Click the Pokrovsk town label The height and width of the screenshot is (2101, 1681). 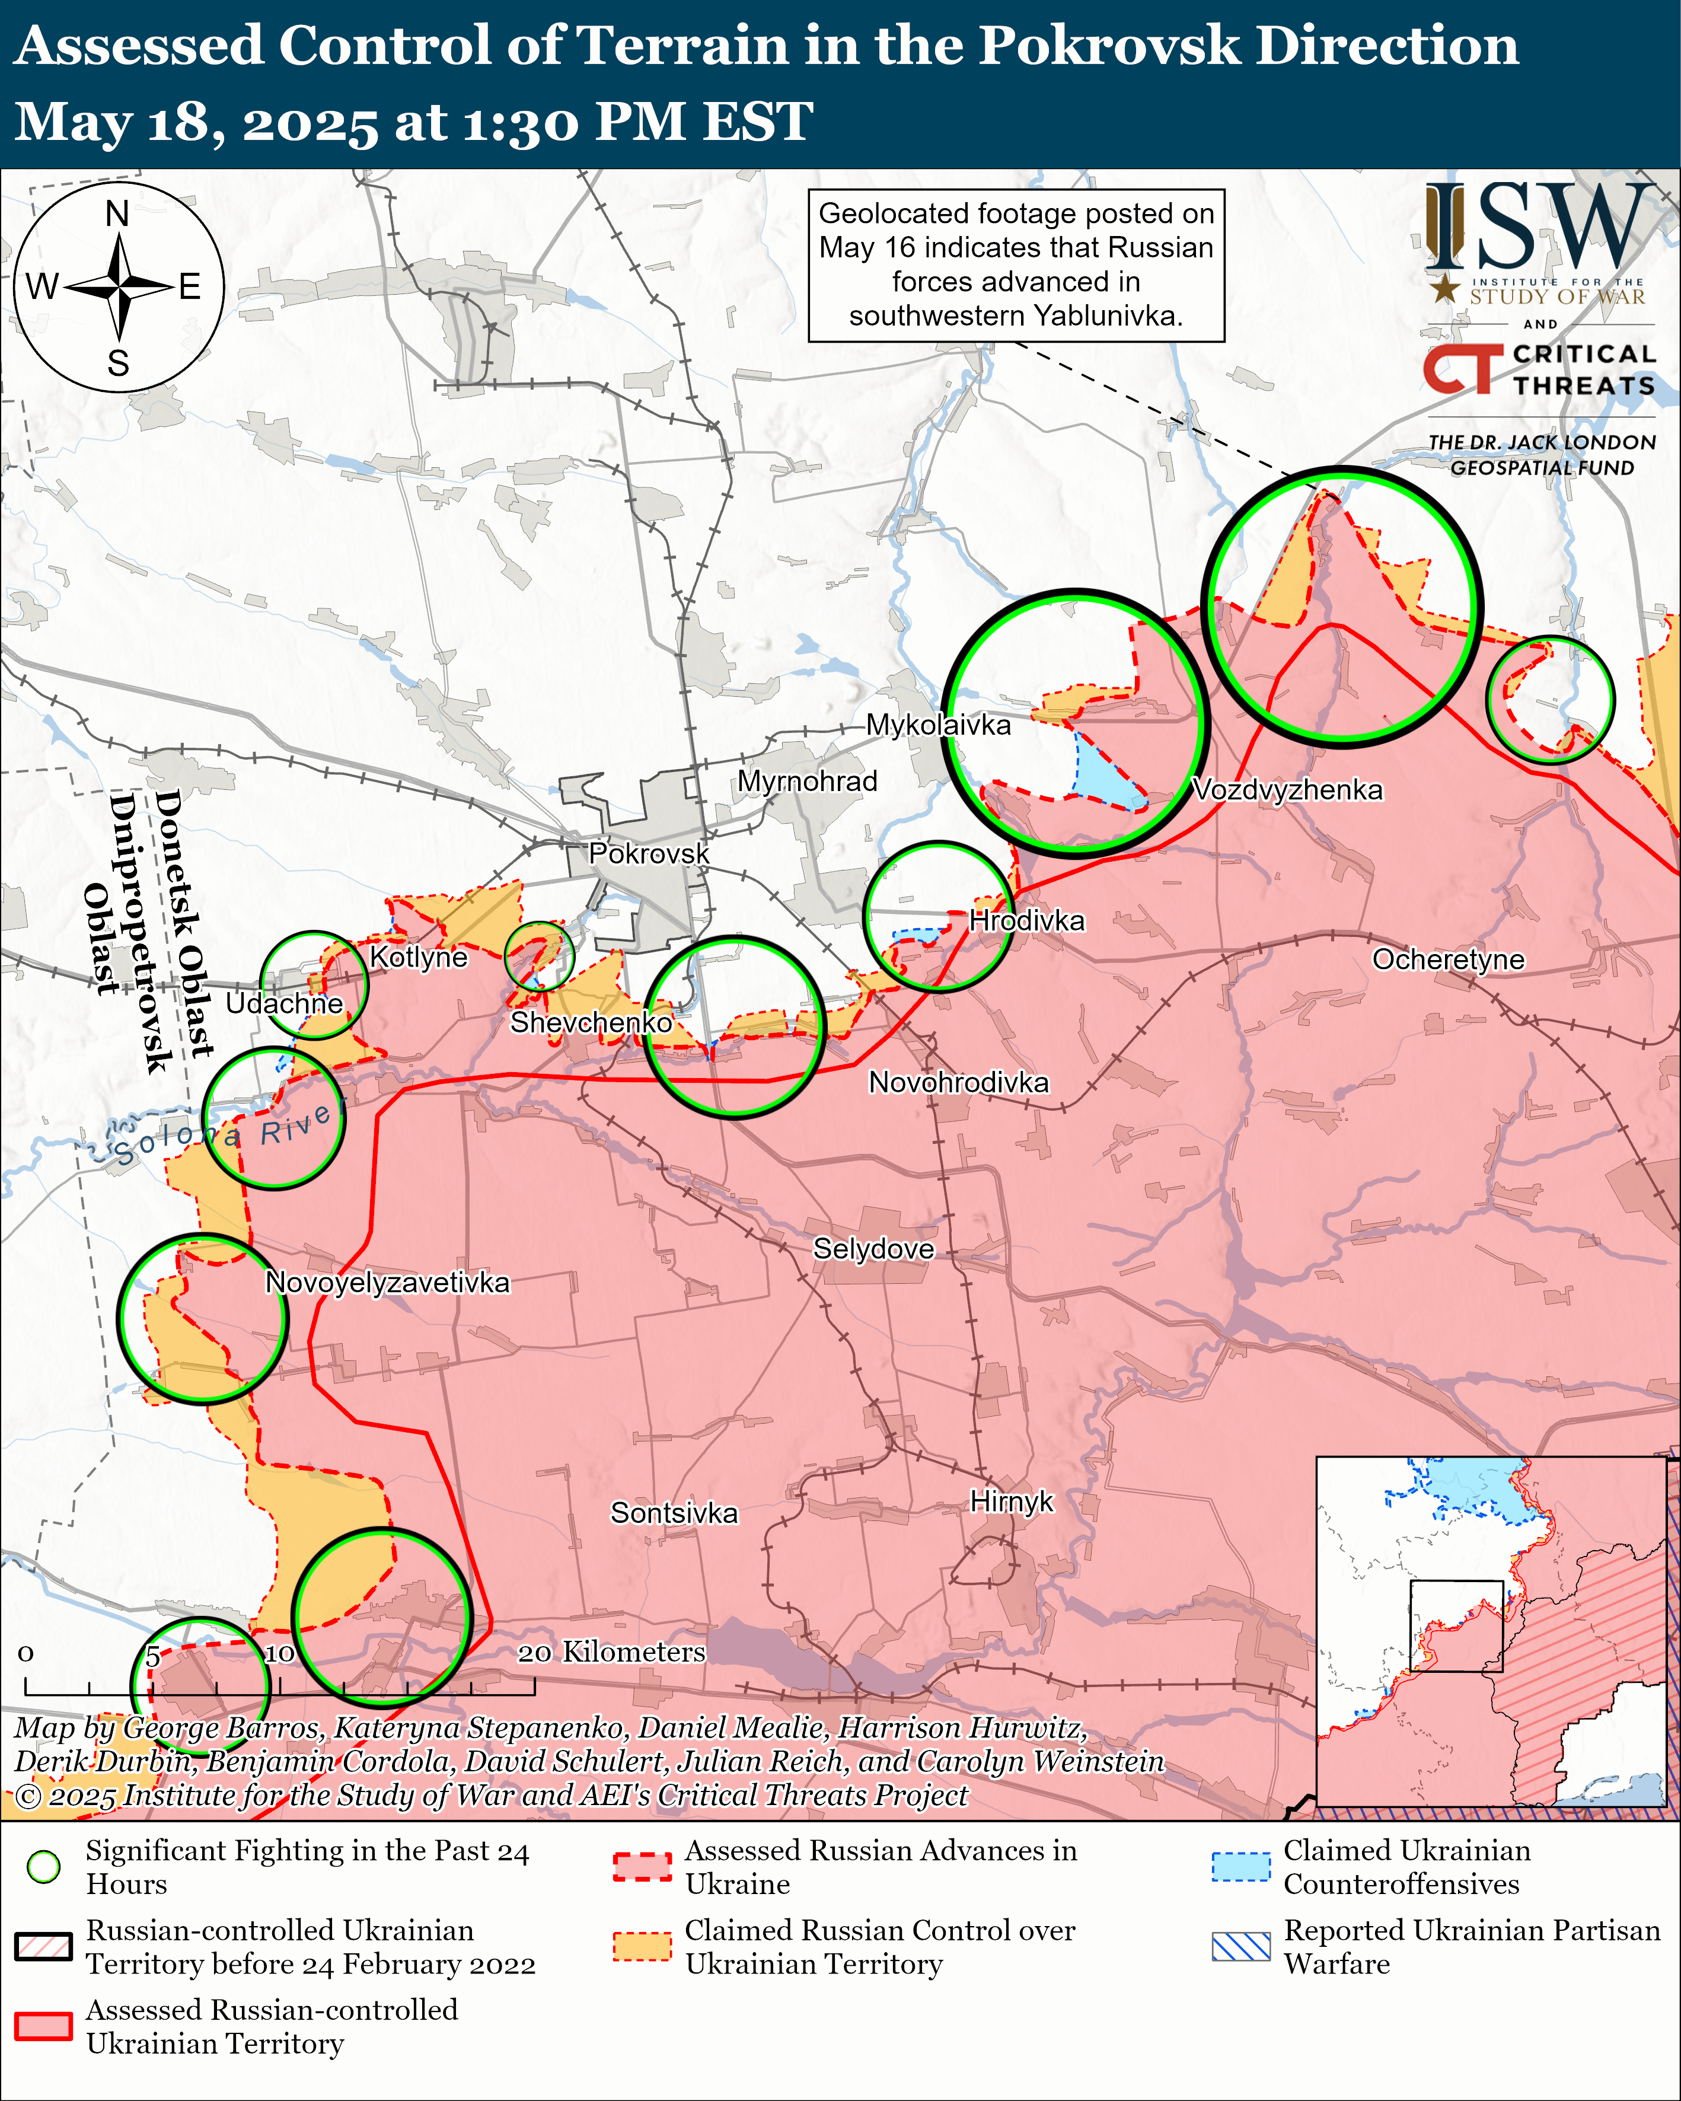click(649, 854)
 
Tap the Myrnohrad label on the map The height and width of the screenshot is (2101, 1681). click(807, 782)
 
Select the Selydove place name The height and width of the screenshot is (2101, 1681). click(873, 1249)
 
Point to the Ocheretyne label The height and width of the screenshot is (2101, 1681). click(1448, 960)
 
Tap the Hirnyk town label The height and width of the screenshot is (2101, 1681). click(1012, 1501)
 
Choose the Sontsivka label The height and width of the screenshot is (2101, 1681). click(674, 1513)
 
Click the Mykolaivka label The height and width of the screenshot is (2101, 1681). click(939, 725)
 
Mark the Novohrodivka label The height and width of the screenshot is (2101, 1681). click(959, 1083)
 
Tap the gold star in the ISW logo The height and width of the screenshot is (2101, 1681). click(1445, 288)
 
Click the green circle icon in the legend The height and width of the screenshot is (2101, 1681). click(44, 1867)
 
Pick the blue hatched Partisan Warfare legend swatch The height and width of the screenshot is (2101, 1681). click(1240, 1946)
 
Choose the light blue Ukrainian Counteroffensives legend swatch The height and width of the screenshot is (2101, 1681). click(1240, 1866)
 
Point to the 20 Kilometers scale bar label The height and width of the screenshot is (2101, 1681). click(611, 1652)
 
